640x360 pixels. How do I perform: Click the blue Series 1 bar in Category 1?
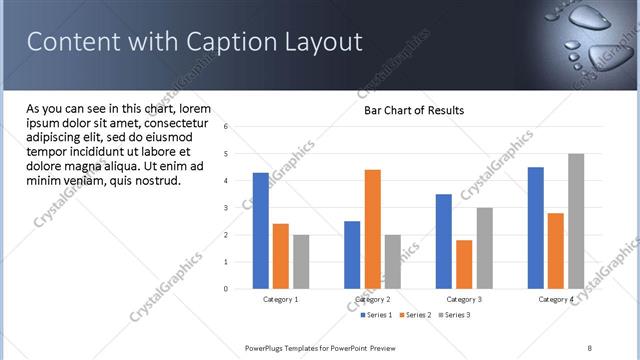[261, 231]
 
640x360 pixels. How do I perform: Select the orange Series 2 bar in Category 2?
[372, 229]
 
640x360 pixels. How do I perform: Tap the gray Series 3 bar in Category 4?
[576, 221]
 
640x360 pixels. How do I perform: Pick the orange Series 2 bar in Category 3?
[464, 264]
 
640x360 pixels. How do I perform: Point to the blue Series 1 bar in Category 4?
[536, 228]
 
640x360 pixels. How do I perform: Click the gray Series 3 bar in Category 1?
[301, 262]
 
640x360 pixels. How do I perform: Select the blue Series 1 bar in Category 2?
[352, 255]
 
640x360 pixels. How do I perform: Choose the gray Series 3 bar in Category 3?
[484, 248]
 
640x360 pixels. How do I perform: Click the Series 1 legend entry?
[377, 315]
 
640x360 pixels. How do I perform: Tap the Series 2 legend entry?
[416, 315]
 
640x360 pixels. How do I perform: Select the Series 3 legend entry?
[454, 315]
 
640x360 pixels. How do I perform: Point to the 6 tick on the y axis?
[227, 127]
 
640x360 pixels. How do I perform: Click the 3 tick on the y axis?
[227, 208]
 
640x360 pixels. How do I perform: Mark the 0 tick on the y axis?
[227, 289]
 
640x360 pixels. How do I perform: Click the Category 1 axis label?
[280, 299]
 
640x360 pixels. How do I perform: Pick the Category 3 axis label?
[464, 299]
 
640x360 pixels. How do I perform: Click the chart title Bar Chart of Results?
[413, 110]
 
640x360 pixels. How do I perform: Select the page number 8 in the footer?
[590, 347]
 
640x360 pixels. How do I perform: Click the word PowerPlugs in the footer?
[267, 347]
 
